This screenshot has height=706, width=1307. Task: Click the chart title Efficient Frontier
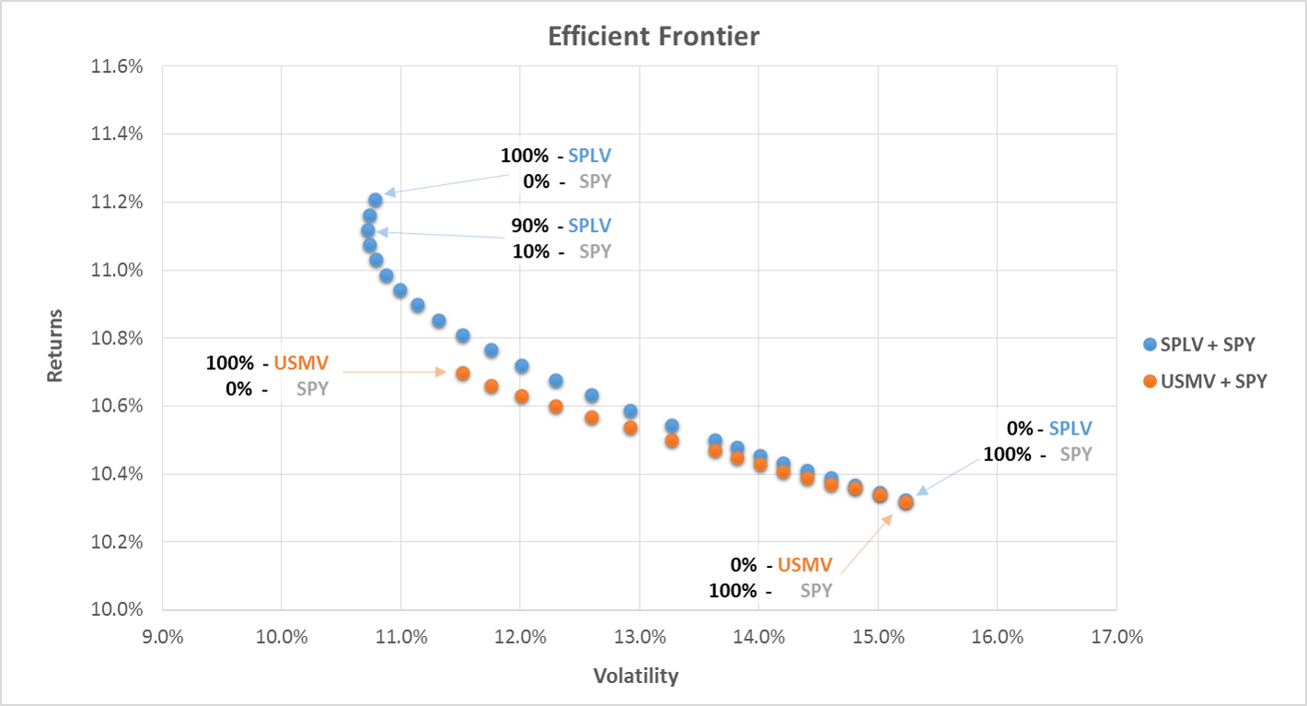(653, 37)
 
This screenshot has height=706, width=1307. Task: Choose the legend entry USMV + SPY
(1212, 381)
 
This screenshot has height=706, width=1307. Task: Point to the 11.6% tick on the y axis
(117, 66)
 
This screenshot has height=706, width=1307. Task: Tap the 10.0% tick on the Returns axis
(117, 609)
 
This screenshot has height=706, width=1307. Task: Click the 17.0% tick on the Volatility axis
(1116, 636)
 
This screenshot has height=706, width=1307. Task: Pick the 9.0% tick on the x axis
(163, 636)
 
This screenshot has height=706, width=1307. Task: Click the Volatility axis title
(636, 677)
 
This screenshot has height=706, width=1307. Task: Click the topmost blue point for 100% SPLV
(376, 200)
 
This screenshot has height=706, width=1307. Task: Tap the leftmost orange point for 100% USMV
(463, 373)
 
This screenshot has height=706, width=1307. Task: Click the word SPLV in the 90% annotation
(589, 226)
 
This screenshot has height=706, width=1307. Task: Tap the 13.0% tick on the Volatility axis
(639, 636)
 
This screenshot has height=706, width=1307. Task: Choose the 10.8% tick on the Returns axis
(117, 338)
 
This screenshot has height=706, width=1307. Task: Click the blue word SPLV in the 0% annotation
(1070, 428)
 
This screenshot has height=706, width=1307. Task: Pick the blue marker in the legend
(1149, 345)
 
